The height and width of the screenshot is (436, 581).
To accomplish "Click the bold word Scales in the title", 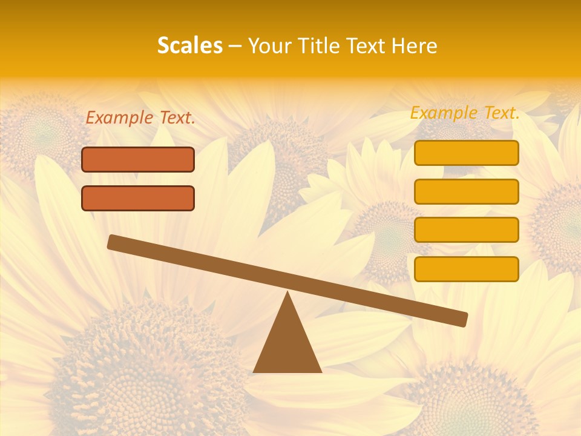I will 190,45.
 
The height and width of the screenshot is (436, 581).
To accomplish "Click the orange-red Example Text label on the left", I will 140,118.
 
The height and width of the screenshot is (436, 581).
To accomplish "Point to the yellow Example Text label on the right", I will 465,113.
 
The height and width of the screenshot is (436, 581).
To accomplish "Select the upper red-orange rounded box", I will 138,159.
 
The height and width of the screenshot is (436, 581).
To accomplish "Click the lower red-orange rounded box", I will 138,198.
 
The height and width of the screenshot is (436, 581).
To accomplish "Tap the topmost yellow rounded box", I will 467,153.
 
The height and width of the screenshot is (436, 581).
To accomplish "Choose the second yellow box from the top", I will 467,191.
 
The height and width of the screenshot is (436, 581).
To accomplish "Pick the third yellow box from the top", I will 467,230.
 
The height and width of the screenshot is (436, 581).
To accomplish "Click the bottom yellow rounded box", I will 467,269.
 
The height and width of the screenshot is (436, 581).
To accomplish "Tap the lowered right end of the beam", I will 461,319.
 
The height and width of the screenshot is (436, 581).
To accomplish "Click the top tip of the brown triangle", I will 287,294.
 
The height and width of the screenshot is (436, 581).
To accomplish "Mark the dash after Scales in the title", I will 235,46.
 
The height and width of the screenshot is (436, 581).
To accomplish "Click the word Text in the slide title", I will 369,45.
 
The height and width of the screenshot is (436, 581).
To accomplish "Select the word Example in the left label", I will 120,118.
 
